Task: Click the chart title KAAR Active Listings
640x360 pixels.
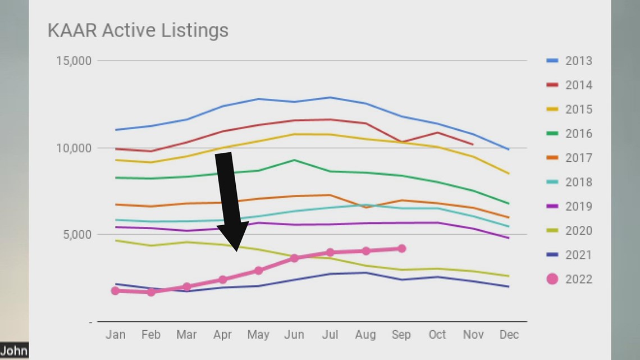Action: [138, 30]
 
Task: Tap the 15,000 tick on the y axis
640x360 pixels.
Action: [74, 61]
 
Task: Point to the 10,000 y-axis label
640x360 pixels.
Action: [74, 148]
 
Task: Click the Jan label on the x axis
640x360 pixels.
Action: [115, 335]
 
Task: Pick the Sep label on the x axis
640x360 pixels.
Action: [401, 335]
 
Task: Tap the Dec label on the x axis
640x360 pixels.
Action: [509, 335]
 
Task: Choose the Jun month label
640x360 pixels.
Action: [294, 335]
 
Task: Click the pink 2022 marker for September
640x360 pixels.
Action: [401, 248]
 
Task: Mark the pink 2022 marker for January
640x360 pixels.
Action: [116, 291]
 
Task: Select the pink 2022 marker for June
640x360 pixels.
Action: [294, 258]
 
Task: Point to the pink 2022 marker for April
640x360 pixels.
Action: [223, 280]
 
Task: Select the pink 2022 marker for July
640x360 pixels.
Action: [330, 253]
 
